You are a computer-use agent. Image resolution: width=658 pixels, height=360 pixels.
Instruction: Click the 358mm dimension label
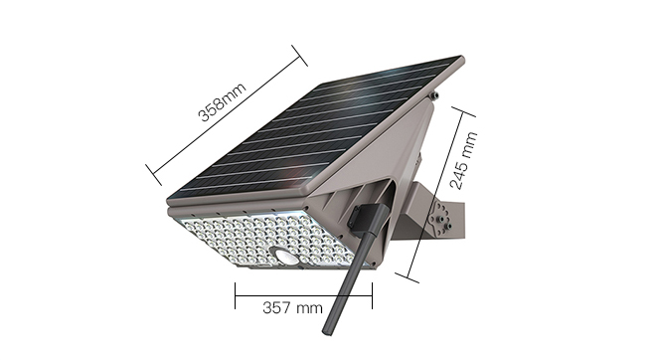point(222,102)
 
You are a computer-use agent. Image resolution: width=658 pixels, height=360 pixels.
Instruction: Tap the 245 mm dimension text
point(463,160)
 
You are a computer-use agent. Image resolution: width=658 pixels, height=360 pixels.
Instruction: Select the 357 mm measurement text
point(292,307)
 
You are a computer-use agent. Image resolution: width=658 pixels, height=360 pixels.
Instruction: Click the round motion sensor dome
point(283,256)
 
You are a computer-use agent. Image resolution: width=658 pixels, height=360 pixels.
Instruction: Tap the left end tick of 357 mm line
point(235,295)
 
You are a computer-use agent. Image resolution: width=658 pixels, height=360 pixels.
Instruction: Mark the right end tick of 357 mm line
point(372,295)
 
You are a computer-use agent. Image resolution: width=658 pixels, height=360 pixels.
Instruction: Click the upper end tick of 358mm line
point(299,56)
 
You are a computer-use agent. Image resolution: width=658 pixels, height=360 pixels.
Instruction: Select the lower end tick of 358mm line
point(154,175)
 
